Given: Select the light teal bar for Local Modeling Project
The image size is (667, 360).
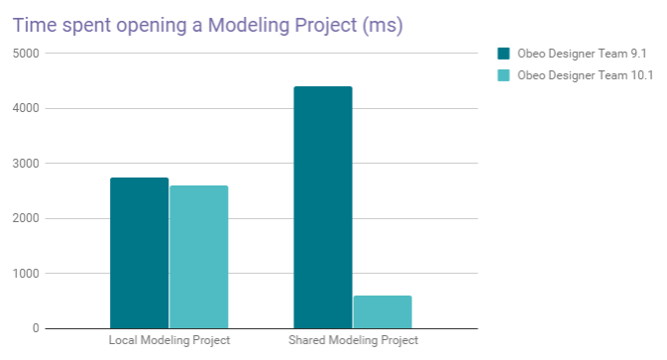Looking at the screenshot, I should (x=198, y=257).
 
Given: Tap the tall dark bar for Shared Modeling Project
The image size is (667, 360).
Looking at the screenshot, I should (x=323, y=207).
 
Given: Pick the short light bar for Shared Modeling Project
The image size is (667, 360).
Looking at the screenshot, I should (x=382, y=311).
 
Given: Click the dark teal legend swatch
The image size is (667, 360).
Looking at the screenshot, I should (x=502, y=54).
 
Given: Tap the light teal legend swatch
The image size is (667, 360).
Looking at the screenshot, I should (x=502, y=75).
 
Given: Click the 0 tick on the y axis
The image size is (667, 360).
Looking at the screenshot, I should (x=35, y=328).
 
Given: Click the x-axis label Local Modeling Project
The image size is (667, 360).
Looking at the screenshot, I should (x=168, y=341).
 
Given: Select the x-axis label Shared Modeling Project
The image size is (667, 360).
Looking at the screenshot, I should (x=353, y=341).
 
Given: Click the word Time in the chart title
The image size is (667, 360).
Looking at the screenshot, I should (x=35, y=23).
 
